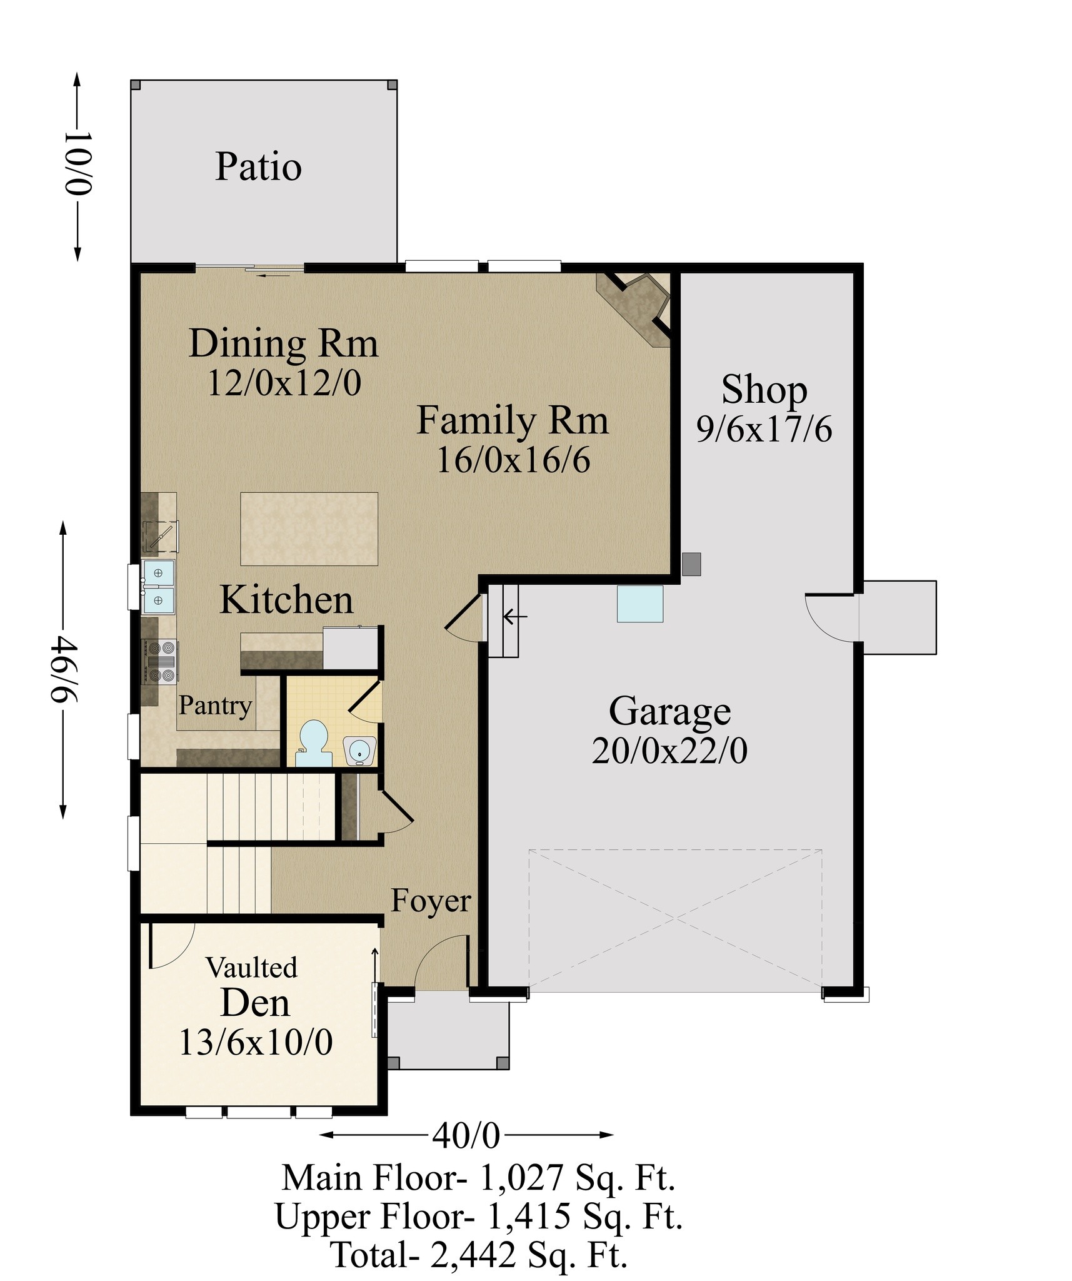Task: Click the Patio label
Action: click(258, 167)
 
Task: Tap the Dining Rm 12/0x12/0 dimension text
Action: click(284, 383)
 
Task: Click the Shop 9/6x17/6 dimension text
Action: click(764, 430)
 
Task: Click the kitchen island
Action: click(309, 529)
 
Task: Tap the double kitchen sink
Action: click(158, 586)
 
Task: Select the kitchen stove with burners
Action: click(161, 661)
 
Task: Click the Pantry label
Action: click(216, 706)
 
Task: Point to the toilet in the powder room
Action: click(314, 744)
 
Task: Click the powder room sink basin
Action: click(359, 750)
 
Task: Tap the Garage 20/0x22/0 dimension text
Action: click(669, 751)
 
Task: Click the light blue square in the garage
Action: click(640, 604)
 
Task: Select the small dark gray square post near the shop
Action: click(691, 564)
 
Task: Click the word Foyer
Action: click(431, 901)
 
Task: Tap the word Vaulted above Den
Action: click(252, 968)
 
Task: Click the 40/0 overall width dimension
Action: click(466, 1136)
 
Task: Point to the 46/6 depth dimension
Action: click(63, 669)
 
